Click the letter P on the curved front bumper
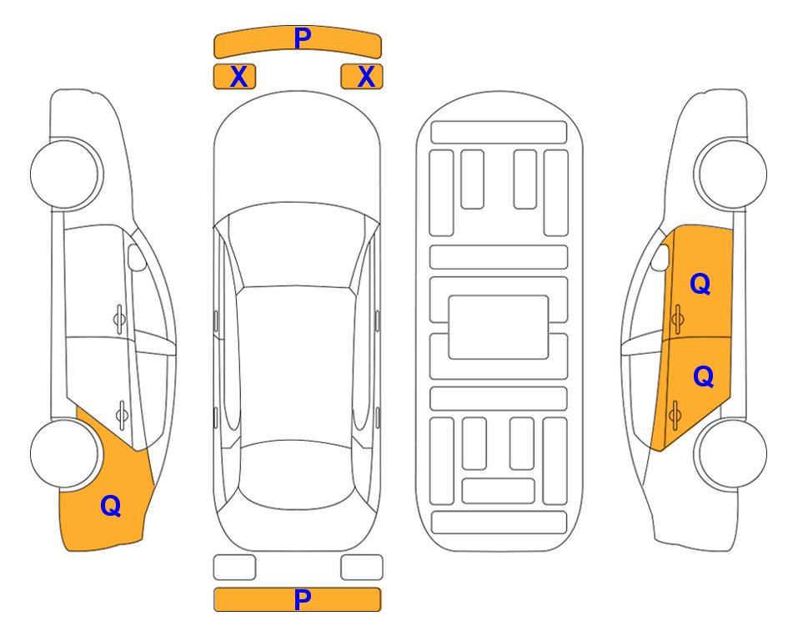pos(302,38)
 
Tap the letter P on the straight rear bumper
pos(302,599)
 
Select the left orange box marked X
pos(234,77)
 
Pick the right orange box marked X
pos(362,77)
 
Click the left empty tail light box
pos(234,568)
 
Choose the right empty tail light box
pos(362,568)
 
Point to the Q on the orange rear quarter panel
pos(111,506)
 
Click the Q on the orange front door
pos(700,284)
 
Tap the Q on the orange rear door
pos(703,377)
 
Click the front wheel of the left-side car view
pos(65,174)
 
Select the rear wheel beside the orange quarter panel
pos(65,453)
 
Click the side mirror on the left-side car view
pos(136,257)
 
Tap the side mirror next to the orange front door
pos(660,257)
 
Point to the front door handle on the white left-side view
pos(119,319)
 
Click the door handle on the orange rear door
pos(675,415)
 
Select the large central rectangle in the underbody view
pos(499,327)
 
